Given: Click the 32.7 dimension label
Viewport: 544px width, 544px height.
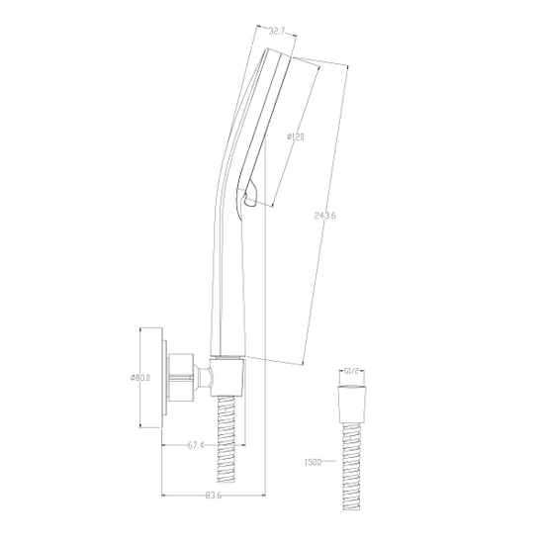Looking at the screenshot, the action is [277, 32].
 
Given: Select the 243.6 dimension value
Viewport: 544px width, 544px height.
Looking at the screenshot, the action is [324, 216].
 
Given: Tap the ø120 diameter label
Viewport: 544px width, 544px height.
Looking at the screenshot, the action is [296, 136].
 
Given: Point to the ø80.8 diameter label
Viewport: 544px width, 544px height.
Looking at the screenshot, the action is [139, 378].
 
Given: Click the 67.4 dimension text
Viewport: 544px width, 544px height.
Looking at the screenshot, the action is [196, 445].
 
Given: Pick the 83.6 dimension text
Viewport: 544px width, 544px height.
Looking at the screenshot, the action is [213, 496].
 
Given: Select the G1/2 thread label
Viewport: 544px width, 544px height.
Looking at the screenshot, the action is [351, 371].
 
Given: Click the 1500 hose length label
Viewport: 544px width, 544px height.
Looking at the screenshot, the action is [313, 462].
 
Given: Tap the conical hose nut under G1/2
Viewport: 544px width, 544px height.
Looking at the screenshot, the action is [351, 404].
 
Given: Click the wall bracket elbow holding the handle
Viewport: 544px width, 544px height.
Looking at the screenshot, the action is [227, 378].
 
